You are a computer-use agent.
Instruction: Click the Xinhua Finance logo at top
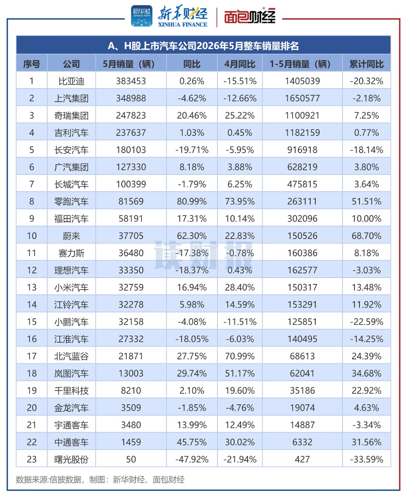(x=170, y=16)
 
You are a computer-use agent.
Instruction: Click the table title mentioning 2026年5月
(x=203, y=46)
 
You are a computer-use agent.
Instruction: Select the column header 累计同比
(x=366, y=64)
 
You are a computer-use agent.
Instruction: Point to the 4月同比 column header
(x=240, y=64)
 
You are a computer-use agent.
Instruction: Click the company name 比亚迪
(x=71, y=81)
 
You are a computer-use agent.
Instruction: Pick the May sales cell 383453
(x=131, y=81)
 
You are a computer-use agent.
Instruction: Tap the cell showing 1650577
(x=302, y=98)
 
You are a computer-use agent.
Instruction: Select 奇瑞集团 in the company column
(x=71, y=116)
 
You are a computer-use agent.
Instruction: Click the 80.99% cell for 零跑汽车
(x=192, y=201)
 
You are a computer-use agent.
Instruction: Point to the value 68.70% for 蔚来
(x=366, y=236)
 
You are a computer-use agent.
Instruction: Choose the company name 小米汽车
(x=71, y=287)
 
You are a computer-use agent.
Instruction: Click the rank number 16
(x=32, y=339)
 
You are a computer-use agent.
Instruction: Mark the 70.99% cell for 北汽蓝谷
(x=240, y=356)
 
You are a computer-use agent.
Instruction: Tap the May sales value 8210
(x=131, y=390)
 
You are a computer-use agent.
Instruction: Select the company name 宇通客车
(x=71, y=425)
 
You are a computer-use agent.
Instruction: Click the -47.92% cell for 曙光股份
(x=192, y=459)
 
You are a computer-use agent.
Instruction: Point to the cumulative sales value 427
(x=302, y=459)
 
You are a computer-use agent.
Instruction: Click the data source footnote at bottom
(x=100, y=479)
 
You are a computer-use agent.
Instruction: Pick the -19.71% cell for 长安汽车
(x=192, y=150)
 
